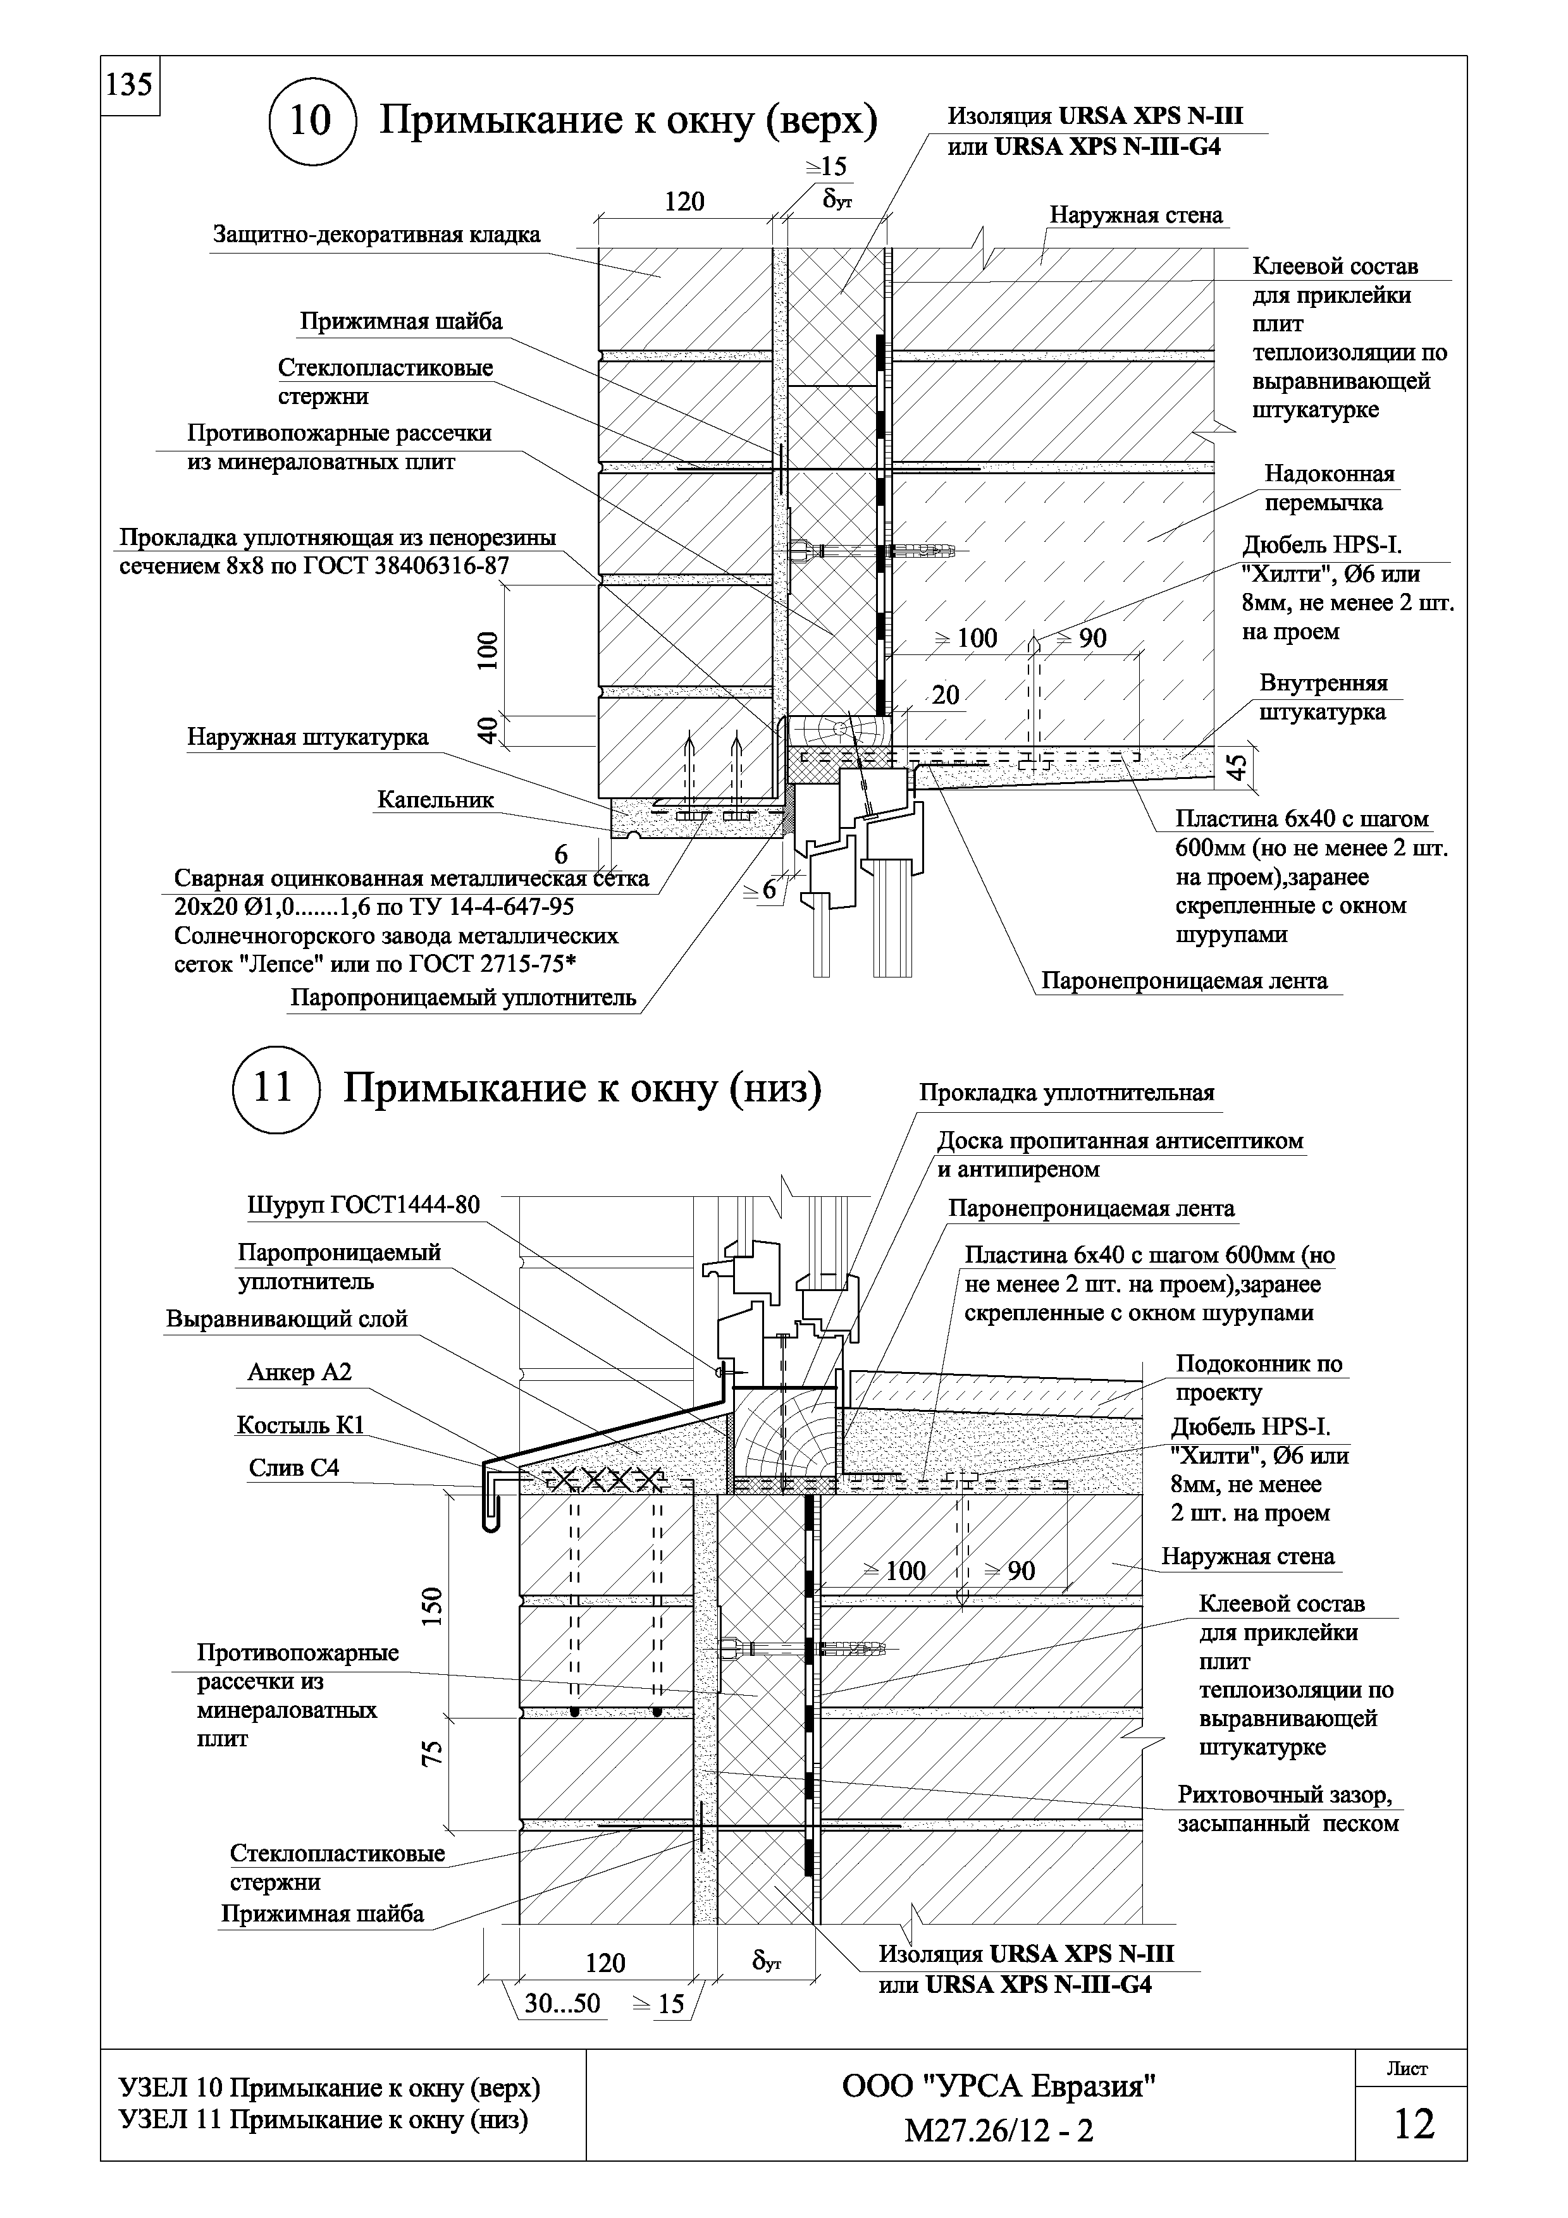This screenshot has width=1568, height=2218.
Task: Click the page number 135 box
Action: coord(130,86)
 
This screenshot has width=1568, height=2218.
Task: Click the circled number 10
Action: coord(311,121)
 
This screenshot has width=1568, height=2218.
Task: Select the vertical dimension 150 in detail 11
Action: coord(435,1605)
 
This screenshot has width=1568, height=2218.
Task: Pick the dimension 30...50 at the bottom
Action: coord(562,2004)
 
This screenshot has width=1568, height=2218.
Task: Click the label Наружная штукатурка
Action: coord(307,737)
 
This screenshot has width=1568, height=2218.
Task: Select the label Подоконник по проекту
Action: coord(1258,1378)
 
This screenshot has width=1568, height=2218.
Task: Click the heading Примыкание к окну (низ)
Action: coord(583,1089)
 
